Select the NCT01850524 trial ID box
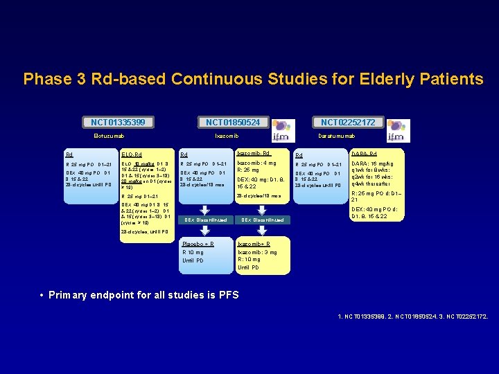click(232, 123)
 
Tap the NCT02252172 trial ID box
click(348, 123)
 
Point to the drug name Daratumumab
click(337, 136)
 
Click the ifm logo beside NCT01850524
click(283, 130)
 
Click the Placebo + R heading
click(198, 244)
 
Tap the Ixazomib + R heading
click(254, 244)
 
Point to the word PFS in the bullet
click(227, 295)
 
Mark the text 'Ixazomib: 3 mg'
click(257, 252)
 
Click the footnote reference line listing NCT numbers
click(412, 317)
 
